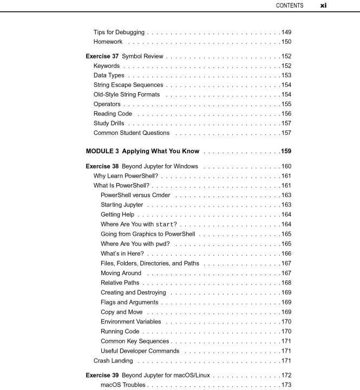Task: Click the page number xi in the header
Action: point(323,5)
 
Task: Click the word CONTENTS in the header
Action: point(290,5)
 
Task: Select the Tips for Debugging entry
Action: point(119,32)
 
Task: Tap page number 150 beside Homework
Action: point(286,42)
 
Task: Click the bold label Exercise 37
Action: point(102,56)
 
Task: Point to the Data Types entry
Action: point(109,75)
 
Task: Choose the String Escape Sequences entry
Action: point(128,85)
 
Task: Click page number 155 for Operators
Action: point(286,104)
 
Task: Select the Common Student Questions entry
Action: point(132,133)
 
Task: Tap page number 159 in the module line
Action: point(286,151)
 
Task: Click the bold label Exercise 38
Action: point(102,166)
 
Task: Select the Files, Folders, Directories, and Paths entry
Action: point(150,263)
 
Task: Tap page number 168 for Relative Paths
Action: point(286,283)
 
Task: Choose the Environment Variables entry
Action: point(131,322)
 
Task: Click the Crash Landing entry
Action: point(113,361)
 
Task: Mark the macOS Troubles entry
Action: point(123,385)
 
